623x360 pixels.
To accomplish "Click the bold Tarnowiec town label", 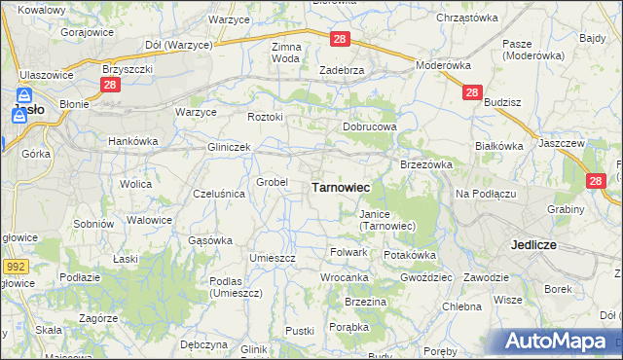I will pyautogui.click(x=339, y=187).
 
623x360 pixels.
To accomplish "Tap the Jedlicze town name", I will pyautogui.click(x=532, y=245).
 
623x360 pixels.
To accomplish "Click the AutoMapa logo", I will pyautogui.click(x=560, y=342).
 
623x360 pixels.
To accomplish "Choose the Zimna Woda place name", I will pyautogui.click(x=286, y=53).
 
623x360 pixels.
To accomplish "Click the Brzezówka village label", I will pyautogui.click(x=426, y=165).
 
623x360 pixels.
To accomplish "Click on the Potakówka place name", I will pyautogui.click(x=410, y=255).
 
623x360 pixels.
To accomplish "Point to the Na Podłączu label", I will pyautogui.click(x=485, y=194).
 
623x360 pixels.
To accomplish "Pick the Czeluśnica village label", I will pyautogui.click(x=219, y=194).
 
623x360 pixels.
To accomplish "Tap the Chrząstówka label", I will pyautogui.click(x=467, y=18).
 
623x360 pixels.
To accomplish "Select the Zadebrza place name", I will pyautogui.click(x=342, y=70).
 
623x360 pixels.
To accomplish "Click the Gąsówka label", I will pyautogui.click(x=209, y=240).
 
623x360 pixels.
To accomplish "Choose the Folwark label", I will pyautogui.click(x=348, y=252).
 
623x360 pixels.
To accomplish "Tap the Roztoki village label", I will pyautogui.click(x=265, y=118).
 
